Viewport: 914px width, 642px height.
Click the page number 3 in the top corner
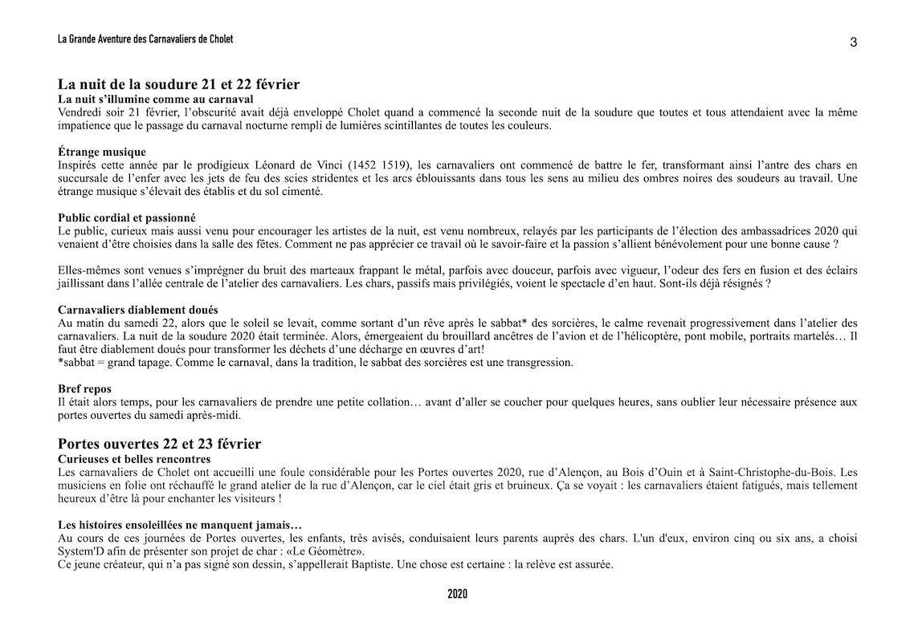[853, 43]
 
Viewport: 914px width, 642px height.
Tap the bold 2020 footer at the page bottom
[457, 595]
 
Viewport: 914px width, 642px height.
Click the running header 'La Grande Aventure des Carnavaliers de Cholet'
[145, 39]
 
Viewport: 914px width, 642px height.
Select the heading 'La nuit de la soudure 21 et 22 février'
[179, 84]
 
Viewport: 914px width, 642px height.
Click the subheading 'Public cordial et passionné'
[127, 217]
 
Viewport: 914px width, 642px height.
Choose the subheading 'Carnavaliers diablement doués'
[138, 310]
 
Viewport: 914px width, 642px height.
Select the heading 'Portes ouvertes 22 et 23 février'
[160, 444]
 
